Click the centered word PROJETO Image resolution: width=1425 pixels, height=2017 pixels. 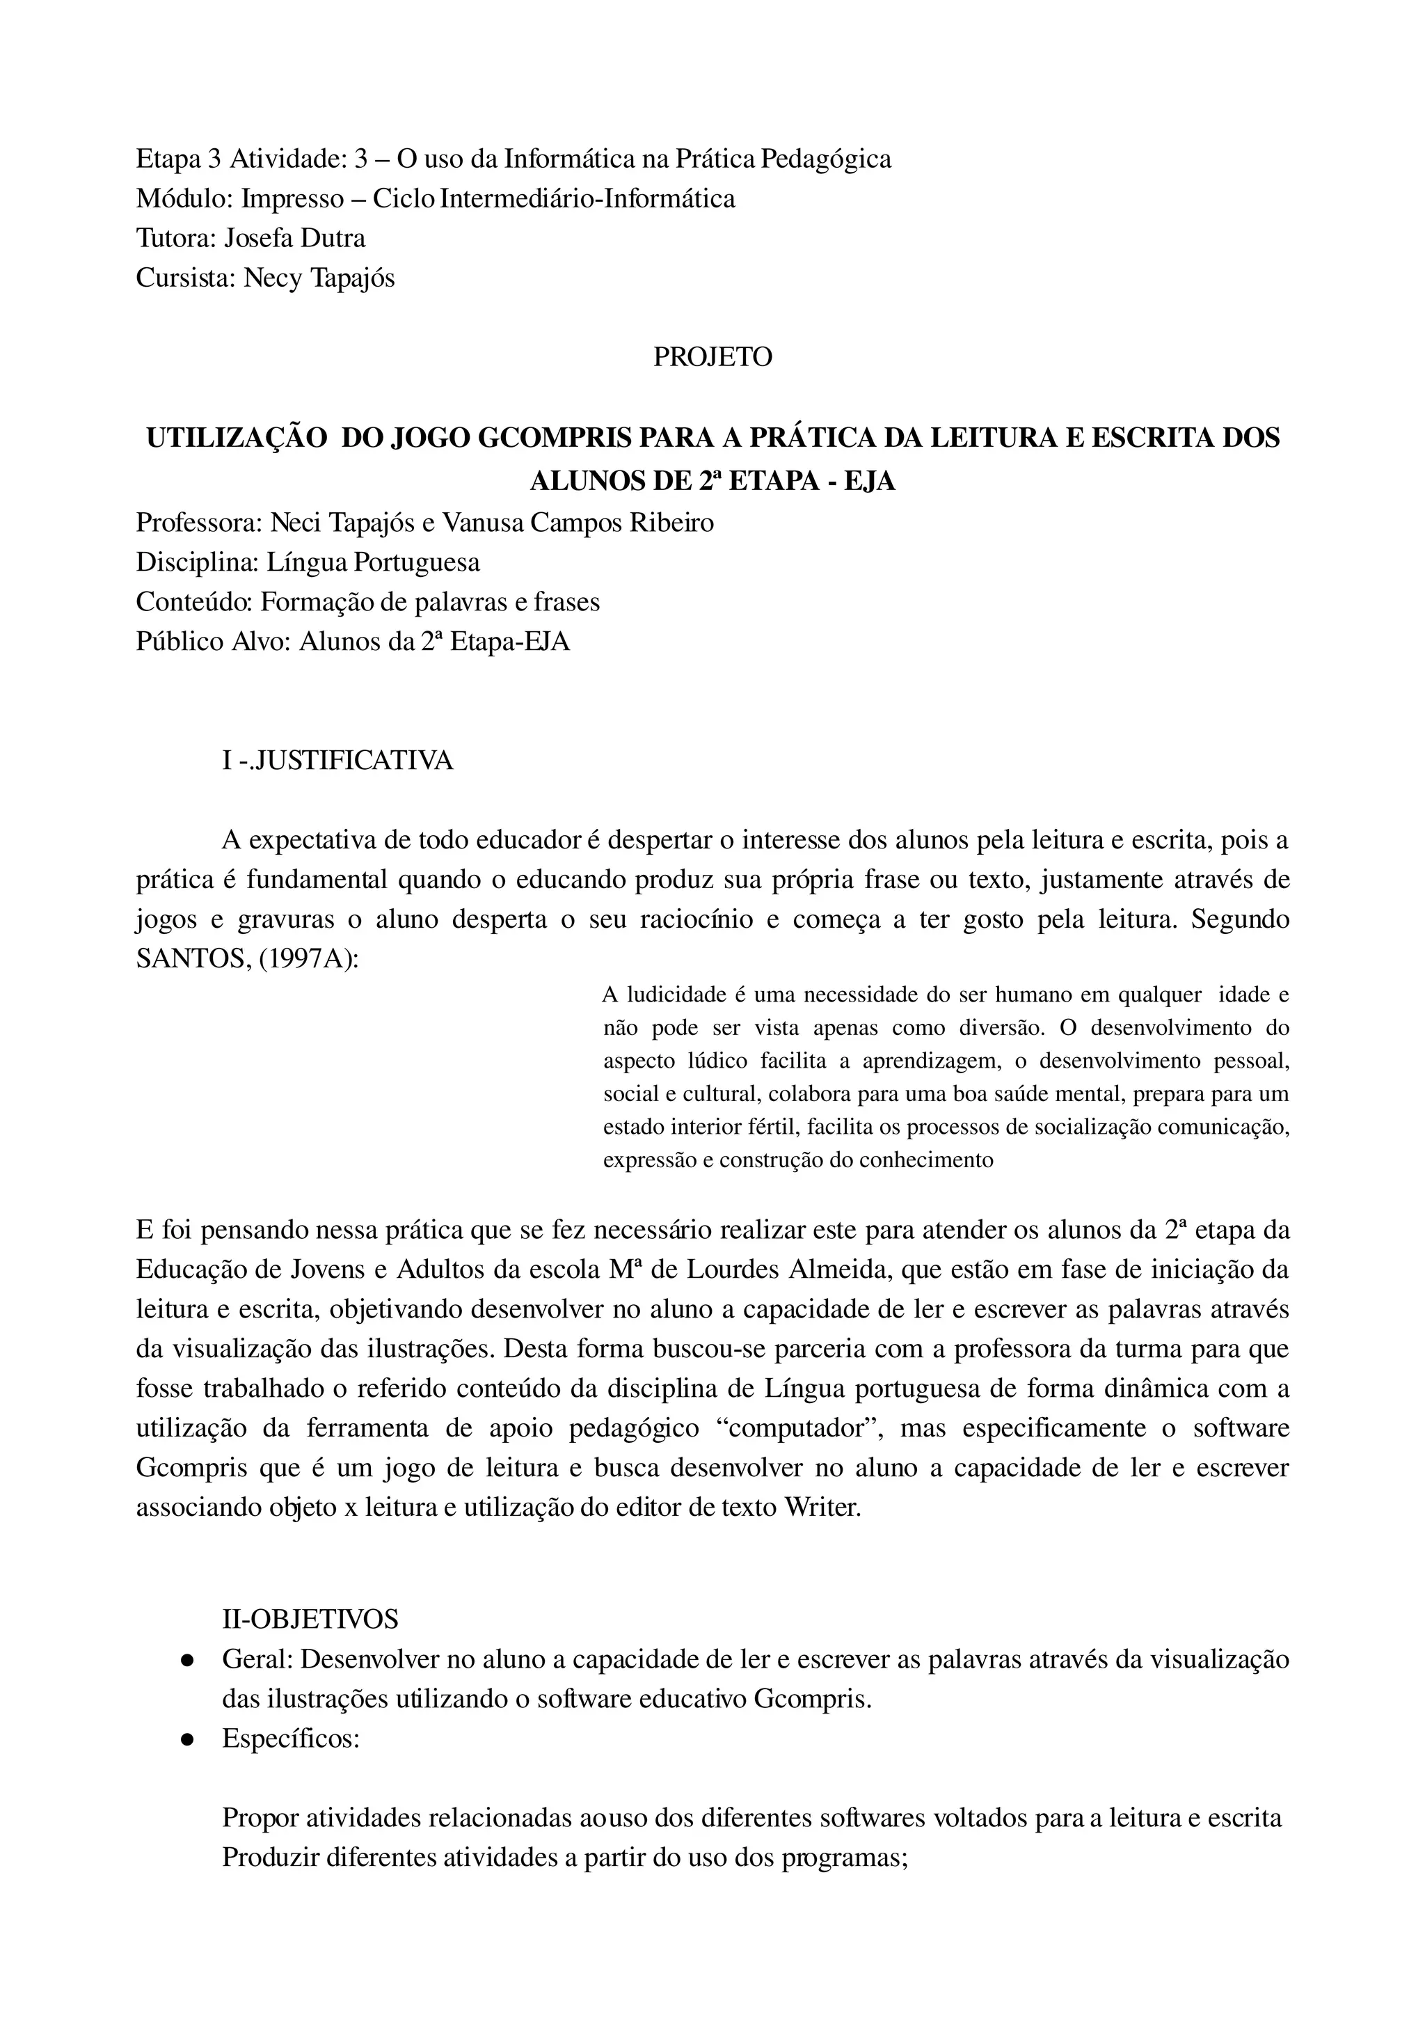(712, 358)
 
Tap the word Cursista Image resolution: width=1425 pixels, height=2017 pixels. (185, 278)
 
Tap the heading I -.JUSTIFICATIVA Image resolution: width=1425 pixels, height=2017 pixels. (338, 760)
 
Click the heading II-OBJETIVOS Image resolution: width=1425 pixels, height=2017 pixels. (311, 1618)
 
